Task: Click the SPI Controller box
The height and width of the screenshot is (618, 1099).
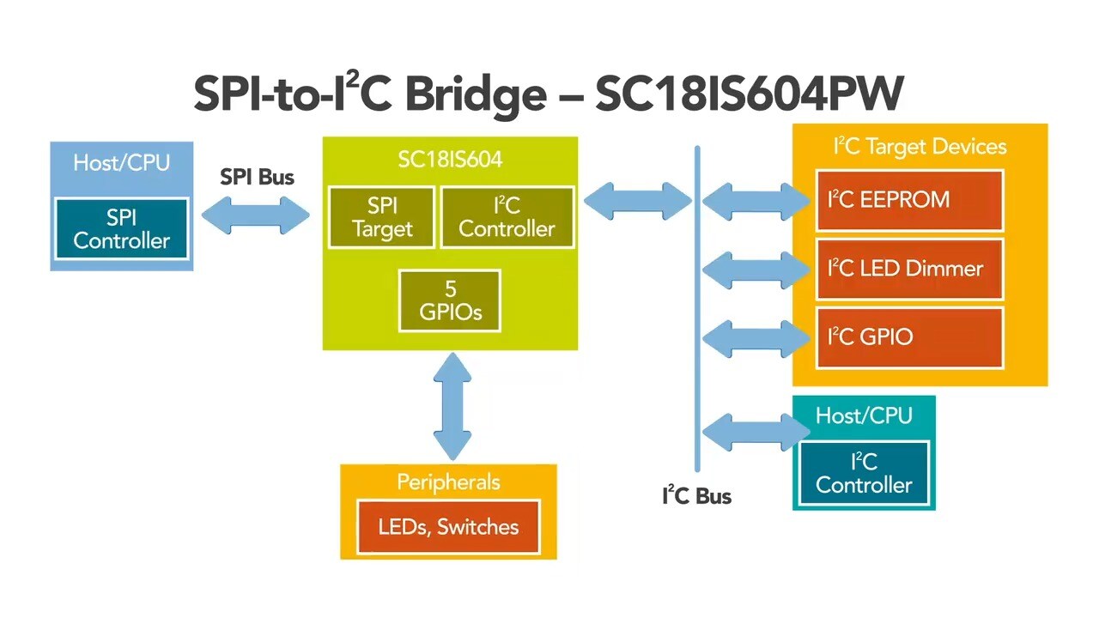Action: (121, 228)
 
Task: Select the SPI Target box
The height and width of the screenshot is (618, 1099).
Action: (381, 217)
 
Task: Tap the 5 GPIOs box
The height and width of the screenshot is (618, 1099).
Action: (450, 300)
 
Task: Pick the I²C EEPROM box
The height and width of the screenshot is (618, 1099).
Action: (909, 200)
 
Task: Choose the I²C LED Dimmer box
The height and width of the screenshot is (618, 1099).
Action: (909, 269)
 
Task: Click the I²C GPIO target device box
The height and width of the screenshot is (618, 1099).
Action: (909, 337)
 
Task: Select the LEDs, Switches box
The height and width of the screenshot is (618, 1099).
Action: (448, 526)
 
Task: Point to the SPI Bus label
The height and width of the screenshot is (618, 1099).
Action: (257, 178)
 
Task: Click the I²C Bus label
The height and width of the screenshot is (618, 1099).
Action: (696, 495)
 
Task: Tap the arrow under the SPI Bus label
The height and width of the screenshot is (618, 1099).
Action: (255, 215)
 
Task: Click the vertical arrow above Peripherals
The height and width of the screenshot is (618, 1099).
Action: (452, 405)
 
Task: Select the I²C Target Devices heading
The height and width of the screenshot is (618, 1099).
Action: (920, 147)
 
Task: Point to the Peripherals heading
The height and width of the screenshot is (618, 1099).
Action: (448, 482)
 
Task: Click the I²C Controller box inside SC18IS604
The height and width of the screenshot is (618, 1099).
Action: (507, 217)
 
